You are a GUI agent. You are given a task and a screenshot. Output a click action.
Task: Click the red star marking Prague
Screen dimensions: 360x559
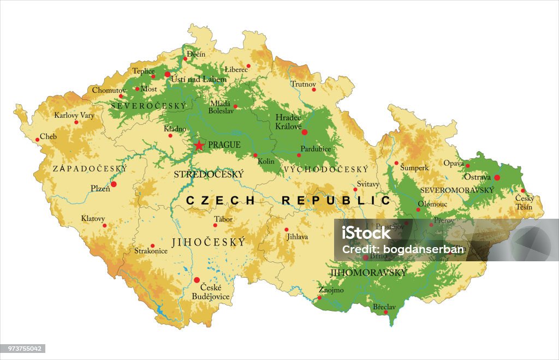(199, 145)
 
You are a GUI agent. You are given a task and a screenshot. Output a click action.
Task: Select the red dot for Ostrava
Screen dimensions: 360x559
(497, 177)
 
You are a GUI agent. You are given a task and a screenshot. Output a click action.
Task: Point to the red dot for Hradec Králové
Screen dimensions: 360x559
(305, 132)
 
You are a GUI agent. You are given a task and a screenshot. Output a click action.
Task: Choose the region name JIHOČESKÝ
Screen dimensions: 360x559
(208, 242)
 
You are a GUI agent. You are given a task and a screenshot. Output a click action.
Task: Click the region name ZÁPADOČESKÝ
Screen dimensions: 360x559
(90, 169)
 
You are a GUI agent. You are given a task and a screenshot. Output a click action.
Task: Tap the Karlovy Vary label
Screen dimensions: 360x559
(74, 116)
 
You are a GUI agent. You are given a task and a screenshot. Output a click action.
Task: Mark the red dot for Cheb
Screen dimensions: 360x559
(38, 140)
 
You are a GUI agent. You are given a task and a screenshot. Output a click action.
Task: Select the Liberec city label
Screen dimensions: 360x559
(236, 70)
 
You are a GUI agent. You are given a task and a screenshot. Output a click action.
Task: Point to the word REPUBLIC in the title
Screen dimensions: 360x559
(336, 201)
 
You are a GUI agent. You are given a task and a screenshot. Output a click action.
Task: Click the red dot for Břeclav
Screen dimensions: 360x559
(386, 313)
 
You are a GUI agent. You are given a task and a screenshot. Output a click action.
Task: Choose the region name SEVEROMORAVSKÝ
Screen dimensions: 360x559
(457, 190)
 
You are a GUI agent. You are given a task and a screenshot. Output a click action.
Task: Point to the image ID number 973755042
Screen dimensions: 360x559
(22, 349)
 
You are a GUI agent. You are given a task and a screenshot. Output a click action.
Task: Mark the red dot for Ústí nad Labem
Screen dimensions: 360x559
(168, 74)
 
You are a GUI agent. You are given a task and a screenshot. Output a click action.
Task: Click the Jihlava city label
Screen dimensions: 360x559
(298, 237)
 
